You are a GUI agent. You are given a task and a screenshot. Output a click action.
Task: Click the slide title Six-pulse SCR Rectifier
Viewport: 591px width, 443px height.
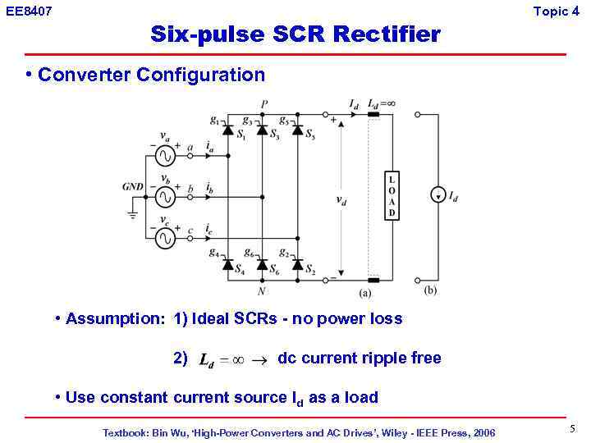(295, 34)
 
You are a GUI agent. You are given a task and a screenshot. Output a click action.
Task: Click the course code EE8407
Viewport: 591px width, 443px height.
(29, 11)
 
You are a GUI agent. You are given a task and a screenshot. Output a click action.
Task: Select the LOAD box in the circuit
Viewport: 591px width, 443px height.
(392, 197)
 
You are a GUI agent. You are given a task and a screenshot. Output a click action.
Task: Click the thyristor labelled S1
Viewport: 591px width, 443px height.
(227, 130)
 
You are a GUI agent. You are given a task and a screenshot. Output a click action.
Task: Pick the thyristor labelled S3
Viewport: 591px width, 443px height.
(262, 130)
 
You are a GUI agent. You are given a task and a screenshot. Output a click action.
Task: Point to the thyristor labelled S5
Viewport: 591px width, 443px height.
(297, 130)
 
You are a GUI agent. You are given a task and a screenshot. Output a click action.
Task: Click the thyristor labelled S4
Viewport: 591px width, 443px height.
(227, 264)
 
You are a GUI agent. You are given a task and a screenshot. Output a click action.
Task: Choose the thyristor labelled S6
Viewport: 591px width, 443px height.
(262, 264)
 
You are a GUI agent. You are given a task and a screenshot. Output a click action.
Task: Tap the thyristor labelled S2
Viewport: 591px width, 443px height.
(297, 264)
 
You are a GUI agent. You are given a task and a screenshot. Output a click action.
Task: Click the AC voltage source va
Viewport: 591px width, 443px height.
(165, 154)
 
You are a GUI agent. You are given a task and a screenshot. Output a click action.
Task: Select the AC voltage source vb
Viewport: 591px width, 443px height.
(165, 197)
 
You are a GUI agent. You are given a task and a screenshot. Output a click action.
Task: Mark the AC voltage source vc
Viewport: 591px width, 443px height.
(165, 239)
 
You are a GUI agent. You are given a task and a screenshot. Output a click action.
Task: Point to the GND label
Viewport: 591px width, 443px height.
(133, 187)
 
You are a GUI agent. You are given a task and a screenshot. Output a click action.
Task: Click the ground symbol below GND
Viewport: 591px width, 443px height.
(133, 216)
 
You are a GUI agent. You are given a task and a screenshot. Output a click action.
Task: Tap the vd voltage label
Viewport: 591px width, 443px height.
(341, 199)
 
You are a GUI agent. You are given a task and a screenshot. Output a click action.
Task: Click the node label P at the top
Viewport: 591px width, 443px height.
(263, 104)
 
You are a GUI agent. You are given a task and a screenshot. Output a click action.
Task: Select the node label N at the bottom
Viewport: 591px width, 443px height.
(262, 290)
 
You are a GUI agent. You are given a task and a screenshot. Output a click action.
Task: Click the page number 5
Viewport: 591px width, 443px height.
(572, 428)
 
